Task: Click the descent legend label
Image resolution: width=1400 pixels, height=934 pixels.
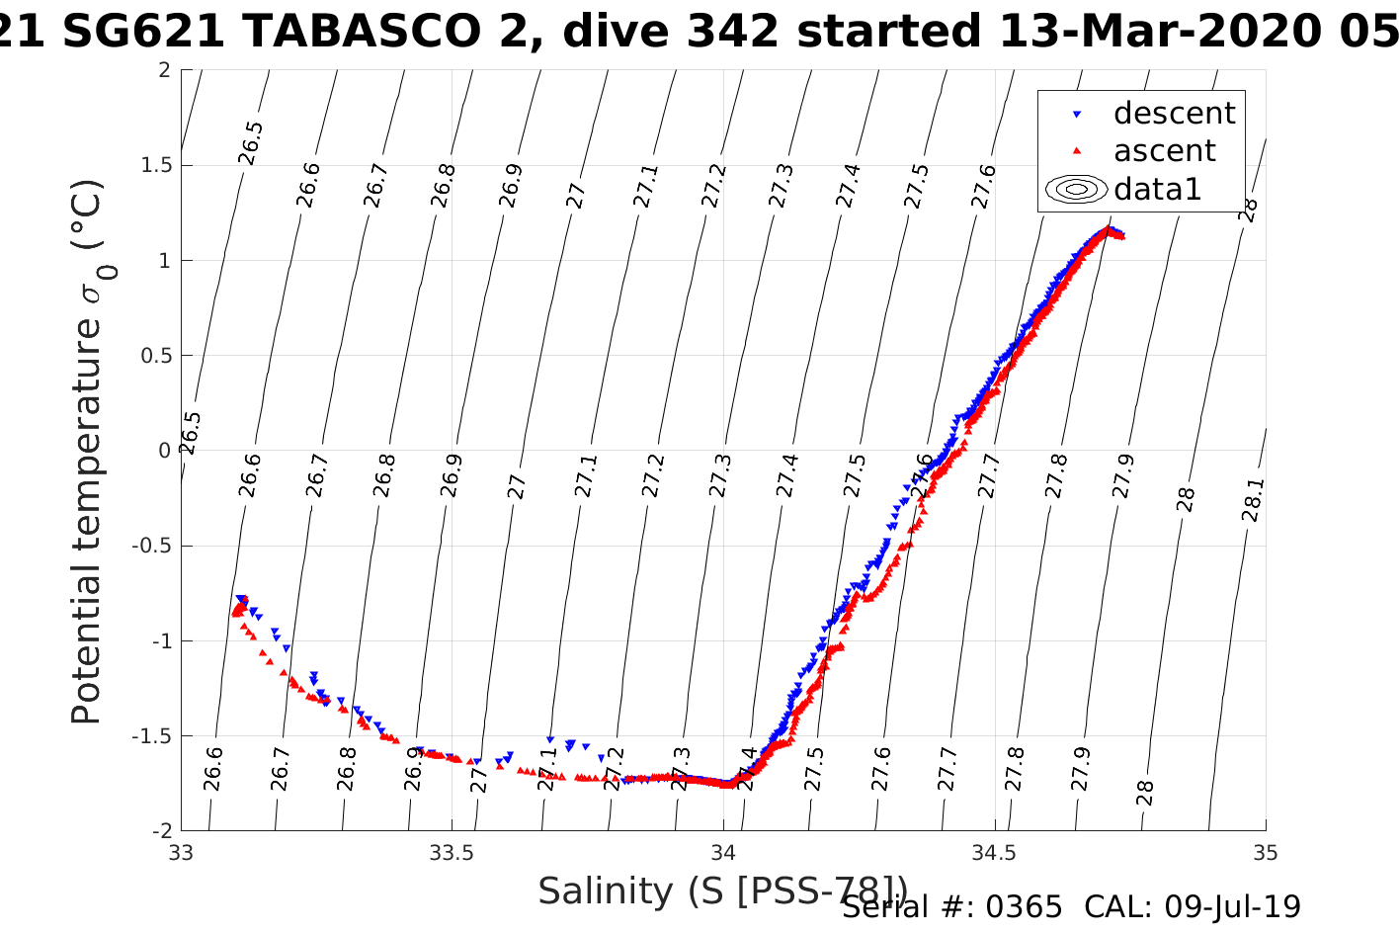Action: [x=1174, y=114]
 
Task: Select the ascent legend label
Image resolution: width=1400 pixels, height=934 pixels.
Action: [x=1164, y=151]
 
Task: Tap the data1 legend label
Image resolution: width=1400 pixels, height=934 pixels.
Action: [x=1157, y=189]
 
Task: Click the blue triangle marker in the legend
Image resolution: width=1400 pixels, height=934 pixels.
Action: [x=1077, y=115]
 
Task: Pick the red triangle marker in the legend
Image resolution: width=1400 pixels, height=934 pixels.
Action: [x=1077, y=151]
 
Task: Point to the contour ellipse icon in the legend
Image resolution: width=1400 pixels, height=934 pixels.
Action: [x=1077, y=189]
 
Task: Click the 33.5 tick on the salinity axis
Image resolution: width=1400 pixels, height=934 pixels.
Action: [x=452, y=853]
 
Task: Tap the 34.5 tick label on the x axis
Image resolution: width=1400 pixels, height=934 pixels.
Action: [x=994, y=853]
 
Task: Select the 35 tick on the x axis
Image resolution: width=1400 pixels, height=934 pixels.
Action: [x=1265, y=853]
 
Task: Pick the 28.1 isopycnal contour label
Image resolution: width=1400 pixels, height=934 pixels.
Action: [x=1252, y=500]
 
